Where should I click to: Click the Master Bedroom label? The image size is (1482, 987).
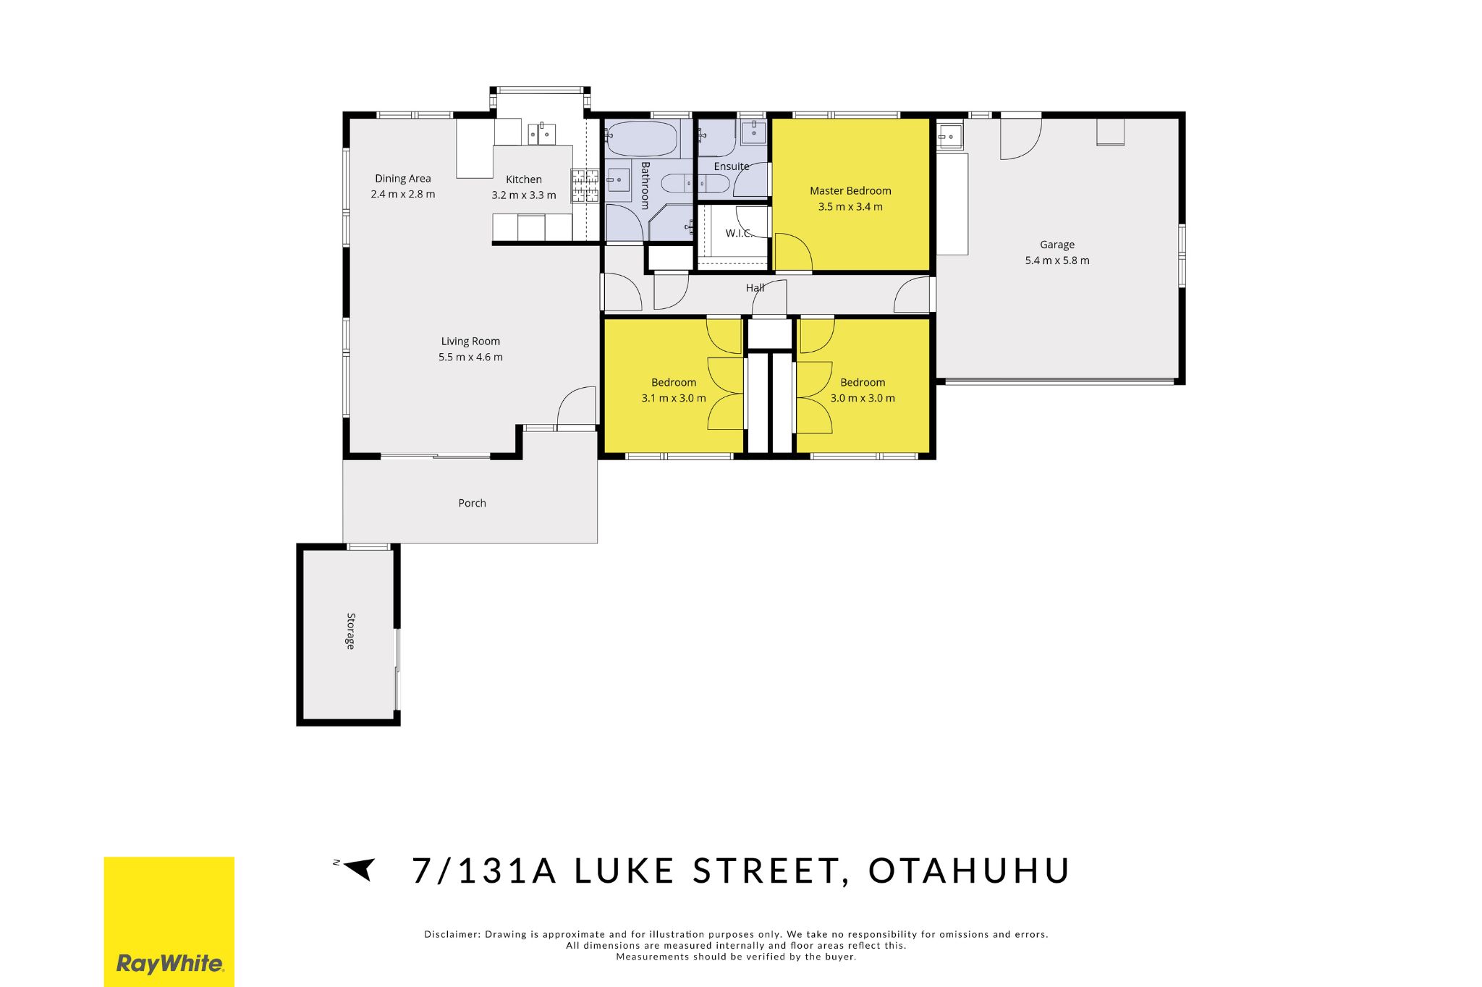tap(850, 191)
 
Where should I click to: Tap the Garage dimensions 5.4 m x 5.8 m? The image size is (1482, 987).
tap(1057, 260)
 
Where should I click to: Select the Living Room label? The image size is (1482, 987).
tap(470, 342)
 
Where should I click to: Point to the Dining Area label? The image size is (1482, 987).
tap(403, 179)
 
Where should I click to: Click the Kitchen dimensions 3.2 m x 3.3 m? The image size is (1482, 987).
tap(524, 195)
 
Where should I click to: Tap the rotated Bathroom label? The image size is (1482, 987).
tap(645, 185)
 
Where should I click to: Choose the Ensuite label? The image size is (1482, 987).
tap(732, 166)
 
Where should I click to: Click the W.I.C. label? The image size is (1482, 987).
tap(739, 233)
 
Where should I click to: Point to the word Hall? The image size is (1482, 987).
tap(755, 288)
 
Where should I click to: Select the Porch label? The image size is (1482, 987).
tap(472, 504)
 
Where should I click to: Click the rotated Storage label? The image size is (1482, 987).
tap(351, 631)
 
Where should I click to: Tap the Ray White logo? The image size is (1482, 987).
tap(169, 921)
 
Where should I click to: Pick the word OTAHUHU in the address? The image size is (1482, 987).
tap(969, 870)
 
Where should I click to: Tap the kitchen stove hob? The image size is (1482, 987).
tap(585, 185)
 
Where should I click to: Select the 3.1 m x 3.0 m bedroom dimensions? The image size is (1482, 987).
tap(674, 398)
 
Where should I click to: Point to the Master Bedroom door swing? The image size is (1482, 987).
tap(793, 252)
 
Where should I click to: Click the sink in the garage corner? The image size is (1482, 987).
tap(949, 135)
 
